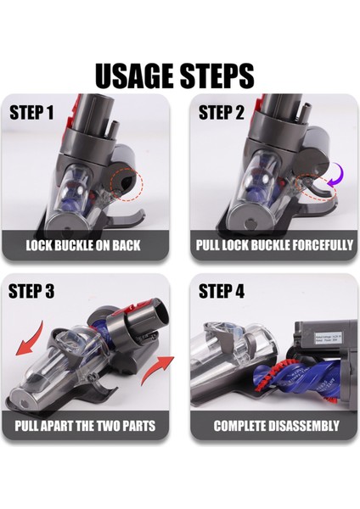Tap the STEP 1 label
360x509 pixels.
point(31,112)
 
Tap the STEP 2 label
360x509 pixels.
point(222,112)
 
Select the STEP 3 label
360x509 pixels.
point(31,291)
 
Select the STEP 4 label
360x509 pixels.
point(222,291)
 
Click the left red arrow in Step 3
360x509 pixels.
point(31,344)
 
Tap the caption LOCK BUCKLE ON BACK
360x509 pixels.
point(83,245)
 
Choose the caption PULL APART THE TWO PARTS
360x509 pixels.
point(85,425)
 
